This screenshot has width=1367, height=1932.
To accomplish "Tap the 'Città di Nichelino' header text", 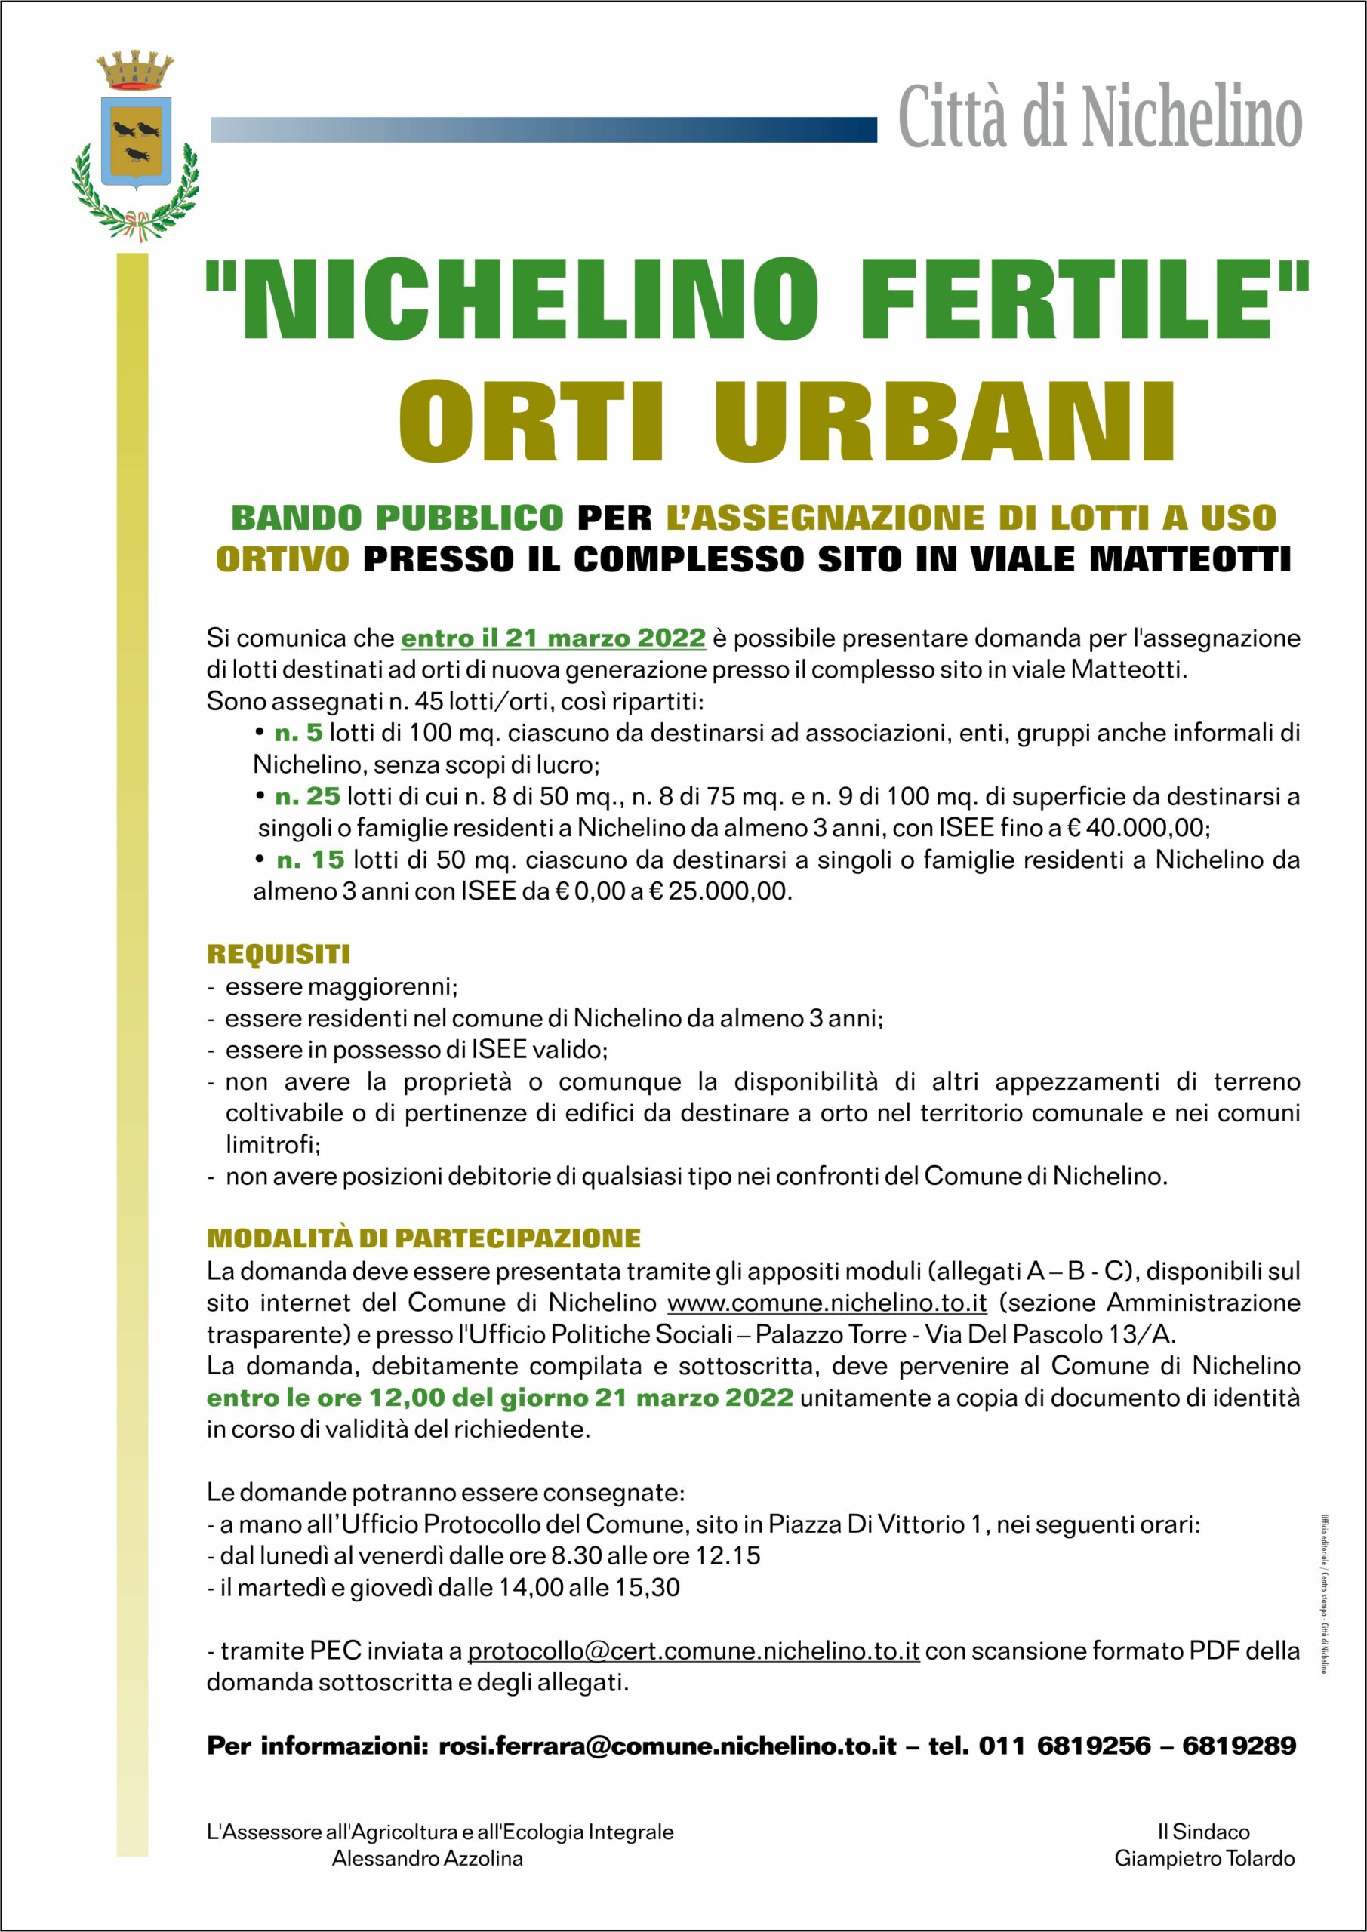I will (1100, 118).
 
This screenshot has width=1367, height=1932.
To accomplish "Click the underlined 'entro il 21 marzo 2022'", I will (553, 638).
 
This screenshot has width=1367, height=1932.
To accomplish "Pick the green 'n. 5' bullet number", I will (299, 733).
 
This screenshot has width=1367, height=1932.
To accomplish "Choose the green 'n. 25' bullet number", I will (307, 796).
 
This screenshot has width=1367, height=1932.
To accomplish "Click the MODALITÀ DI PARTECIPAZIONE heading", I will (423, 1238).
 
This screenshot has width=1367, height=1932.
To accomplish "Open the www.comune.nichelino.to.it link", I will (827, 1303).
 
